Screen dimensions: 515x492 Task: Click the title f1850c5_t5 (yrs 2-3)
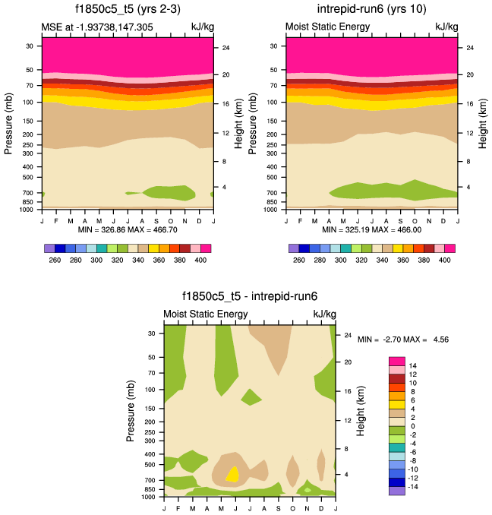click(x=127, y=10)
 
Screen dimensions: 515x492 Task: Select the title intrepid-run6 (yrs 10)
click(x=372, y=10)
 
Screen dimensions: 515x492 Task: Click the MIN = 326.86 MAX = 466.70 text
click(x=127, y=229)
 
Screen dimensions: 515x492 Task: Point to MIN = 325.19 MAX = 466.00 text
click(x=372, y=229)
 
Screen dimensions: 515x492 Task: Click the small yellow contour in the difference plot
click(x=233, y=473)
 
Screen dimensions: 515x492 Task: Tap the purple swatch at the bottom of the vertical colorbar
click(x=396, y=491)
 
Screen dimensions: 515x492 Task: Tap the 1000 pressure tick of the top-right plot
click(x=272, y=208)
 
